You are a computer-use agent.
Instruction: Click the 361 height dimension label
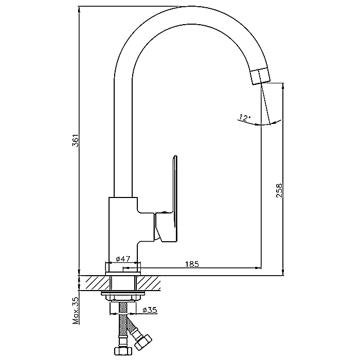click(75, 141)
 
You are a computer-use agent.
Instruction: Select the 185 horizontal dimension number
click(191, 264)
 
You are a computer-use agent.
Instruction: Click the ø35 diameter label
click(150, 310)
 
